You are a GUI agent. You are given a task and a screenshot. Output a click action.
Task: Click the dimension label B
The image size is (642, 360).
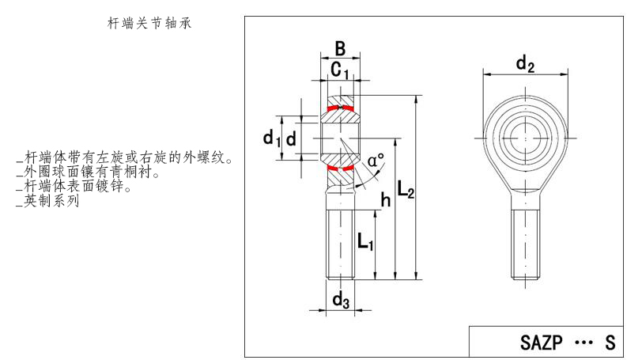click(340, 49)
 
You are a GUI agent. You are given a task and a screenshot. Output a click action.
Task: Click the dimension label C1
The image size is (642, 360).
click(340, 72)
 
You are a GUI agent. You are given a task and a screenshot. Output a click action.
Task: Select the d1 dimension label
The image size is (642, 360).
click(272, 139)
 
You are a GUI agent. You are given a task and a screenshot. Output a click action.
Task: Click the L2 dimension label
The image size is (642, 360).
click(406, 190)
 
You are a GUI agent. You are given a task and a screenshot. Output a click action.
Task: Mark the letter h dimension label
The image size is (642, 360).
click(386, 200)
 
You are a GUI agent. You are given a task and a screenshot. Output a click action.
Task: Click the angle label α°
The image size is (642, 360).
click(375, 161)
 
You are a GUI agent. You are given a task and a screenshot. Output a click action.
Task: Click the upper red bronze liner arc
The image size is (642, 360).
click(340, 108)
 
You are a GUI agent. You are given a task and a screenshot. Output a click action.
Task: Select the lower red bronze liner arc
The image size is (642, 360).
click(341, 168)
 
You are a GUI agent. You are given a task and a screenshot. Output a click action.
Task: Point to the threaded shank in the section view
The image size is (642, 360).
click(341, 241)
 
